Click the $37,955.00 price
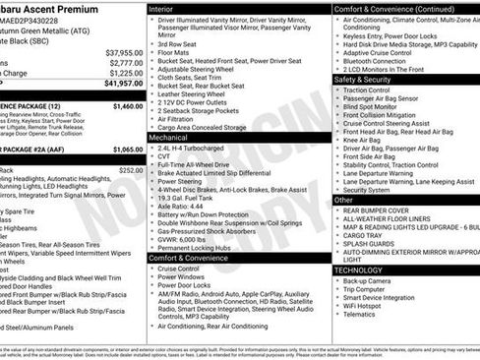click(x=124, y=52)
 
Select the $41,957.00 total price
click(x=124, y=85)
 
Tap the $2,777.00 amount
click(x=125, y=62)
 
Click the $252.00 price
click(x=131, y=169)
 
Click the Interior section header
click(x=161, y=8)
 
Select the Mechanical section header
click(x=168, y=139)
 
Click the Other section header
click(x=343, y=200)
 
